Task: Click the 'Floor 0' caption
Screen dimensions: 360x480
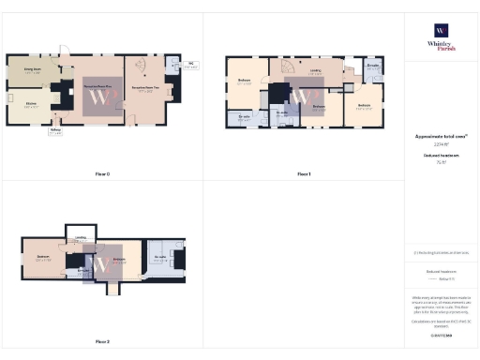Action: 102,174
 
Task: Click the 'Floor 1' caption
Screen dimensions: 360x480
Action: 303,174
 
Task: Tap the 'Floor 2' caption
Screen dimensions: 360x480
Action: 102,341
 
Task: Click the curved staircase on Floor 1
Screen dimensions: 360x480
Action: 288,74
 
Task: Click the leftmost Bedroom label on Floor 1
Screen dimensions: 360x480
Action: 244,82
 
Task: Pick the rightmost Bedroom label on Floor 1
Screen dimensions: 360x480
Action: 365,105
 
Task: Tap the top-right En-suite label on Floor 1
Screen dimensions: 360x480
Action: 373,66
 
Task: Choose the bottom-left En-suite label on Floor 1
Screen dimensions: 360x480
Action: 244,116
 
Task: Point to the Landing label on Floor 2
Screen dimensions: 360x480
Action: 81,238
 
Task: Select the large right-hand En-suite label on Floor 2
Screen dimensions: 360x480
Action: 159,256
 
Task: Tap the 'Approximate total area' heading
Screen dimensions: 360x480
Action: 441,136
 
